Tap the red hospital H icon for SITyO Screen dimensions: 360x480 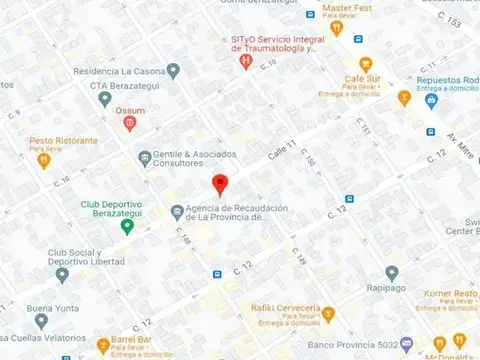pyautogui.click(x=246, y=61)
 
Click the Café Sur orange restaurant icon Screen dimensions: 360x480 pyautogui.click(x=365, y=64)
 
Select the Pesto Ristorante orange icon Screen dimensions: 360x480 pyautogui.click(x=43, y=159)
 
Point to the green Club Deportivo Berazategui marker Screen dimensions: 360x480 pyautogui.click(x=127, y=225)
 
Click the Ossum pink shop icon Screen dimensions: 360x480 pyautogui.click(x=129, y=123)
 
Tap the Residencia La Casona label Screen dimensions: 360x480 pyautogui.click(x=112, y=71)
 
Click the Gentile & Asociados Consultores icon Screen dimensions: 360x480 pyautogui.click(x=144, y=155)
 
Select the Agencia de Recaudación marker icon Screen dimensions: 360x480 pyautogui.click(x=177, y=210)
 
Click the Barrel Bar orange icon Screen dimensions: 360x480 pyautogui.click(x=102, y=348)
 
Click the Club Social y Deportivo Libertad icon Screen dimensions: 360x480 pyautogui.click(x=62, y=274)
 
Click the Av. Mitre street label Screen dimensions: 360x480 pyautogui.click(x=462, y=132)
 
